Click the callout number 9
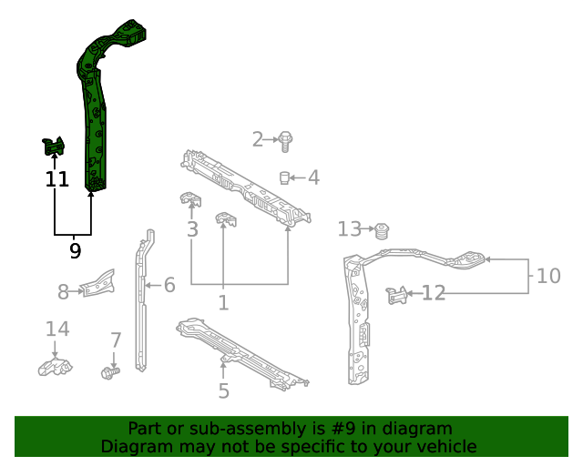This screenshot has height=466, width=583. point(75,250)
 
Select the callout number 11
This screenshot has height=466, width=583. point(56,179)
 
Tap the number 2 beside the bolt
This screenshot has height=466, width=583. point(258,139)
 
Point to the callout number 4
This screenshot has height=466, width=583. point(313,177)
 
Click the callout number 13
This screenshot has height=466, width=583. point(350,228)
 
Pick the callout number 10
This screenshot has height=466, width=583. point(548,275)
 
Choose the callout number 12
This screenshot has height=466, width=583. point(434,293)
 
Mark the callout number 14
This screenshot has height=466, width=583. point(56,329)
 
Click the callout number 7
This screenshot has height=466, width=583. point(116,340)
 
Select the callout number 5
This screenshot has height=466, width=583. point(223,391)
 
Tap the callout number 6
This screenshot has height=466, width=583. point(169,286)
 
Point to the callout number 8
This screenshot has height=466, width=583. point(64,292)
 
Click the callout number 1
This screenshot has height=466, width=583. point(223,301)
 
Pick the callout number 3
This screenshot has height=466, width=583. point(192,228)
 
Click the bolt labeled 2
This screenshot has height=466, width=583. point(286,141)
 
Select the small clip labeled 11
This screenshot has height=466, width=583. point(54,146)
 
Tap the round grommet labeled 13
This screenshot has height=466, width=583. point(383,228)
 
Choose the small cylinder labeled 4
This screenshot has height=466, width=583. point(284,177)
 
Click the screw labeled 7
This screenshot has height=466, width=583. point(110,372)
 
